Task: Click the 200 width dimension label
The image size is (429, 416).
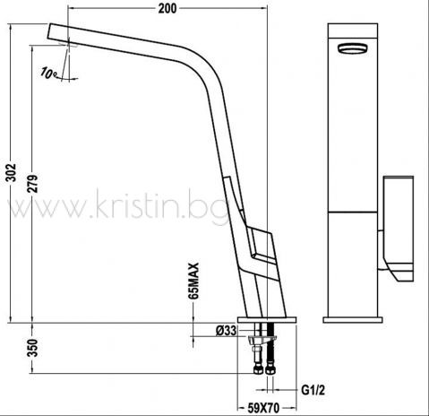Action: click(167, 8)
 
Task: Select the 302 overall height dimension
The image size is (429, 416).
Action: click(12, 172)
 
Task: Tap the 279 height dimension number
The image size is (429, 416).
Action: click(33, 184)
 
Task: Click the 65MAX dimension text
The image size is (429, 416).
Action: click(193, 281)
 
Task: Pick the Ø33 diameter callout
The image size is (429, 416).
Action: click(226, 331)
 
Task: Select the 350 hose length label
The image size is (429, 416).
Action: click(33, 348)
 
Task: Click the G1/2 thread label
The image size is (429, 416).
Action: click(313, 390)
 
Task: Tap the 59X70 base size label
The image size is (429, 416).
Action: click(264, 408)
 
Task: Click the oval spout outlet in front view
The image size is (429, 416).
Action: click(353, 48)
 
